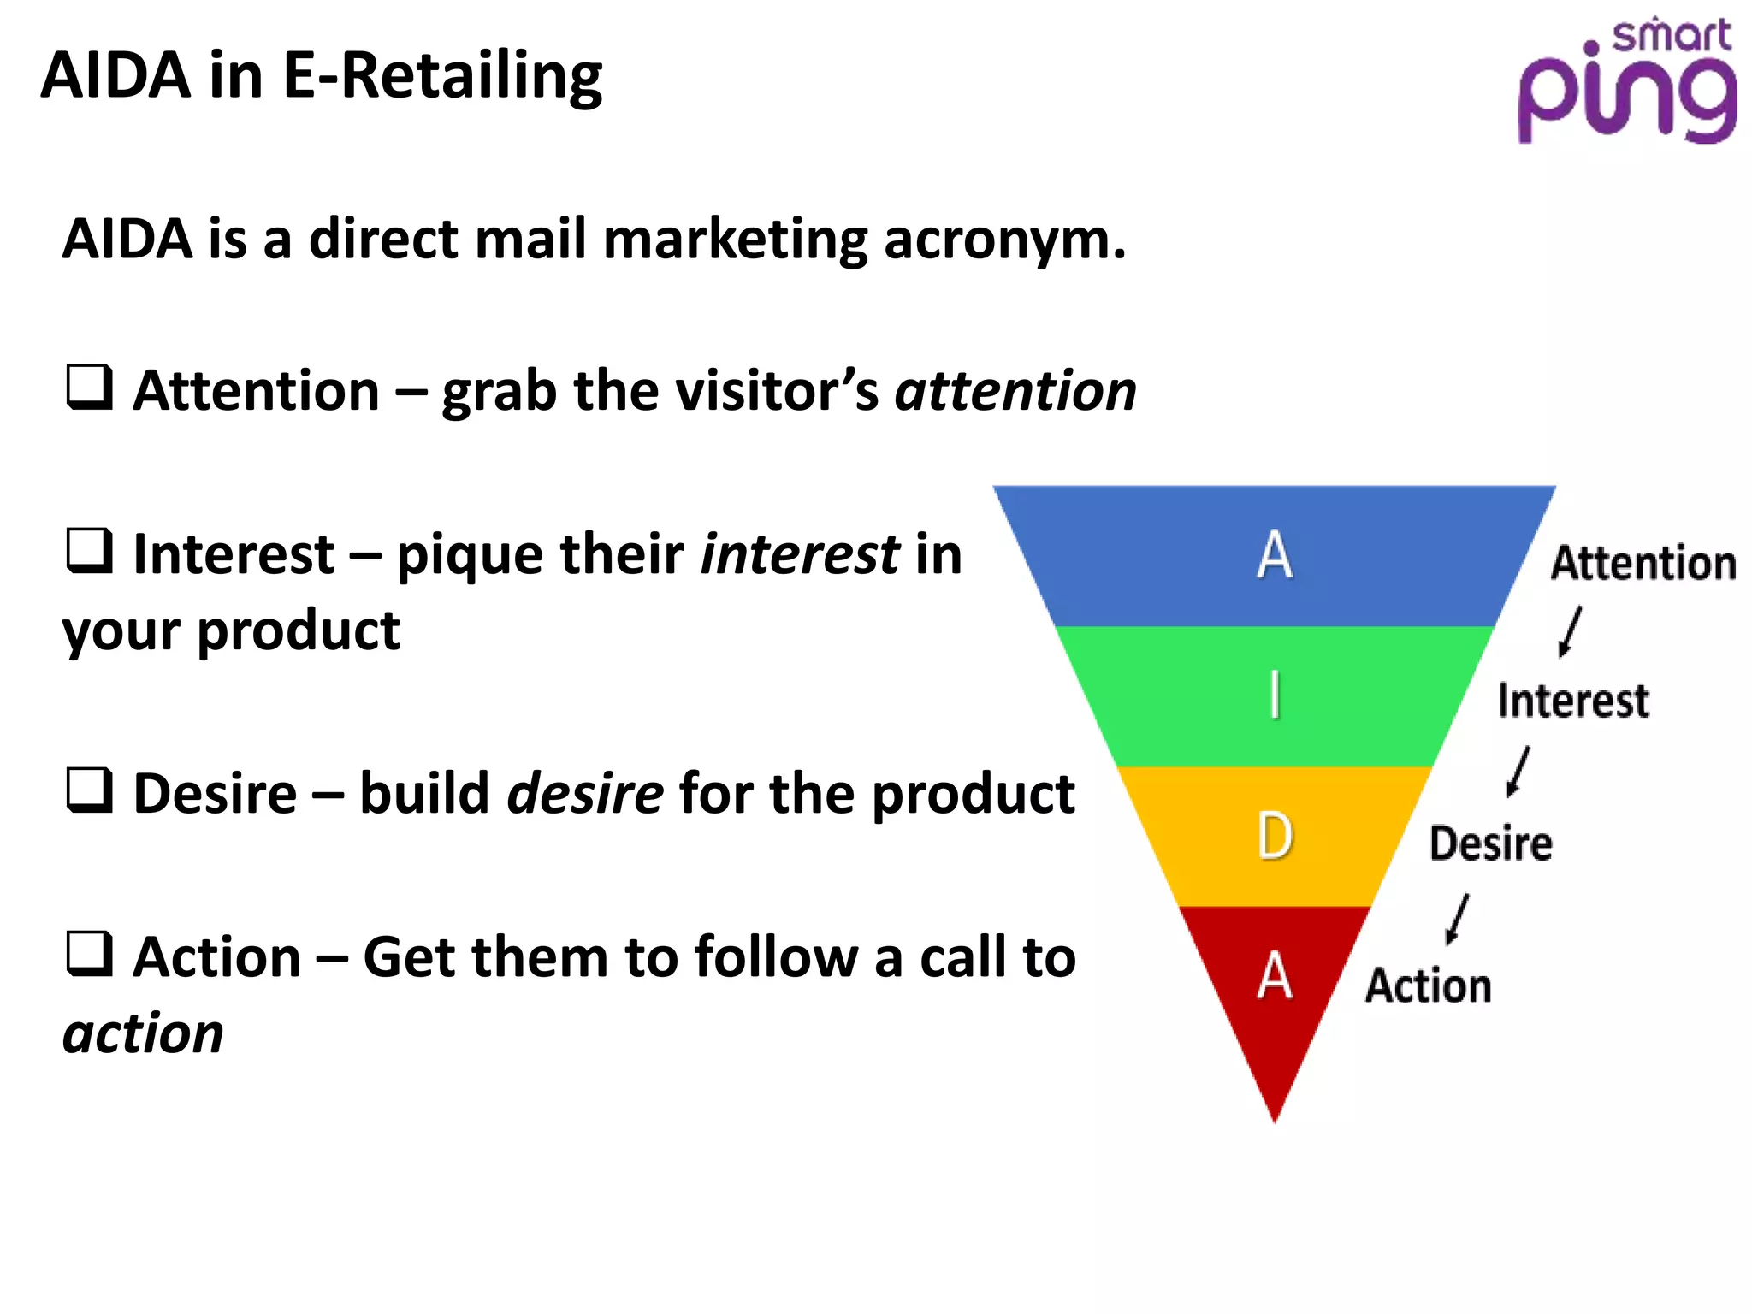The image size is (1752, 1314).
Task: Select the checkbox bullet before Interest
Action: point(90,551)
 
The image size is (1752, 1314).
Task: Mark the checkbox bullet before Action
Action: point(90,954)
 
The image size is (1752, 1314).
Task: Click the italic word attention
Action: point(1015,392)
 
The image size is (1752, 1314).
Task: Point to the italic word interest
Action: point(799,554)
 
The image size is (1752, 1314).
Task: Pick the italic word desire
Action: point(585,794)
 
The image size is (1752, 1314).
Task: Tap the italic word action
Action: point(143,1034)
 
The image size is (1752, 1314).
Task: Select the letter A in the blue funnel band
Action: point(1275,555)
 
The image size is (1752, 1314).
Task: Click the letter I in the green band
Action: point(1275,695)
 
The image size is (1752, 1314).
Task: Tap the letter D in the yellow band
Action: point(1275,836)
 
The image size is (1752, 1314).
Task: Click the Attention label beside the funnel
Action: point(1643,564)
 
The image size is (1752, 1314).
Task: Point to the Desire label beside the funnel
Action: point(1491,843)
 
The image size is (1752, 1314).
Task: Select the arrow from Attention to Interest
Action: point(1570,631)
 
